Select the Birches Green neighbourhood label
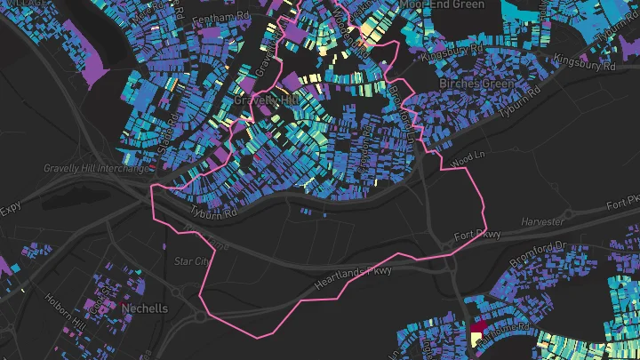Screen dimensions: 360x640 coord(473,84)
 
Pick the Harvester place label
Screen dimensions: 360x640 coord(542,220)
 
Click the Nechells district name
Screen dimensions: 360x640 coord(147,308)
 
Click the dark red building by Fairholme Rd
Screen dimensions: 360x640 coord(477,329)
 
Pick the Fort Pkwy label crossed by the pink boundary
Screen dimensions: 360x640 coord(477,235)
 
